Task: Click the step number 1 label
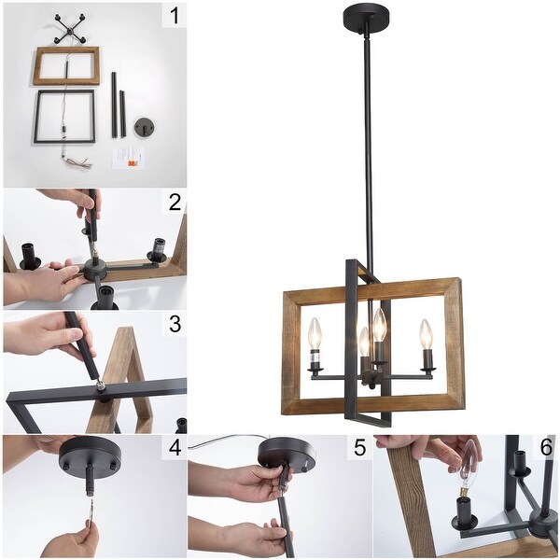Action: pos(175,17)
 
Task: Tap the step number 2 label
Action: pos(175,203)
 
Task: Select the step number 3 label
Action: pos(175,324)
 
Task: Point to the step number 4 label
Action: pos(175,447)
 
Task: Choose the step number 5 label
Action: pos(360,447)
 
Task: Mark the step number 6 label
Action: pos(546,447)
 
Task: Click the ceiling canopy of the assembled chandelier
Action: pos(366,17)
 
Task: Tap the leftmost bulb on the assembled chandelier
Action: pos(315,334)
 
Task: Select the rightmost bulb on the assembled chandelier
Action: pos(426,334)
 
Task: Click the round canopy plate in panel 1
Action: pos(143,128)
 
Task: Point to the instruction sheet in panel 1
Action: pos(129,158)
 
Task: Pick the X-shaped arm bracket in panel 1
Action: pos(69,29)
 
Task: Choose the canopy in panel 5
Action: pos(287,453)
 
